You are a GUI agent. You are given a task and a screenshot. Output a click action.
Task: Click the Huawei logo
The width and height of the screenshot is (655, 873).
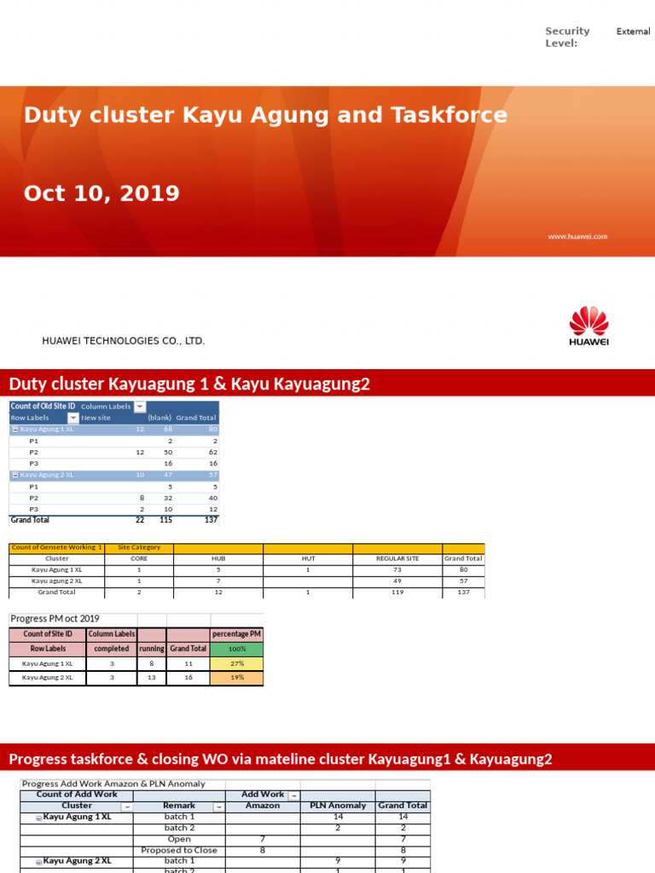click(588, 327)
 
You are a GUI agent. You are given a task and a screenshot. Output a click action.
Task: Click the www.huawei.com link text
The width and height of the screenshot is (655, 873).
click(577, 236)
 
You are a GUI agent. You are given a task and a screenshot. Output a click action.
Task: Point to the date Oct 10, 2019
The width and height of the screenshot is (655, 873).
click(101, 194)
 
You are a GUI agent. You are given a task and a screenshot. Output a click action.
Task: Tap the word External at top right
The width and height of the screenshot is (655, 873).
click(633, 32)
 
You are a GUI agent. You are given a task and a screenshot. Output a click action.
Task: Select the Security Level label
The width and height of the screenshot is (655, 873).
click(567, 37)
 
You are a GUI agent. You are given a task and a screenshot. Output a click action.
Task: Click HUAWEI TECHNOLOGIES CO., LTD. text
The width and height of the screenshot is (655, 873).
click(124, 341)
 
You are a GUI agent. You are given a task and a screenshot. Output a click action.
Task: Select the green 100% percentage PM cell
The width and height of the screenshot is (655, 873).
click(236, 649)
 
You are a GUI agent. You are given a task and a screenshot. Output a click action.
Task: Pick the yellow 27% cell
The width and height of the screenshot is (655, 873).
click(236, 663)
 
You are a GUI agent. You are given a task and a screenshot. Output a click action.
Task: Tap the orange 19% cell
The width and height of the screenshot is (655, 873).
click(236, 678)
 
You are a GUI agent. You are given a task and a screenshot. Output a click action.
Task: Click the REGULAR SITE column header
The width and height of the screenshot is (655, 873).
click(397, 559)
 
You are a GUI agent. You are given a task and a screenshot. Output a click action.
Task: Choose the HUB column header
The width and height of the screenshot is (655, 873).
click(218, 559)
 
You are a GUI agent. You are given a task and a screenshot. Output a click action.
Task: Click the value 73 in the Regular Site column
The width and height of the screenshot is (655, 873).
click(397, 569)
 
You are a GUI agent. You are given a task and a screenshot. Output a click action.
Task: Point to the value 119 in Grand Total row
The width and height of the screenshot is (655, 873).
click(397, 592)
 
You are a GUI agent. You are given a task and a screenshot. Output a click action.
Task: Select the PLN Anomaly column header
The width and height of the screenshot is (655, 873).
click(338, 806)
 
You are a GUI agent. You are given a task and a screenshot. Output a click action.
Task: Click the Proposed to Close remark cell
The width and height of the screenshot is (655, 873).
click(179, 850)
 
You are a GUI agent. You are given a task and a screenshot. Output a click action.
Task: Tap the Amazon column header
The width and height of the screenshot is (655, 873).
click(262, 806)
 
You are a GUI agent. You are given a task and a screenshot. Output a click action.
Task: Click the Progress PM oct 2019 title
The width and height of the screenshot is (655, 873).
click(55, 619)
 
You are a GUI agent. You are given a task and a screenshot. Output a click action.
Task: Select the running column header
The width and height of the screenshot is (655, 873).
click(151, 649)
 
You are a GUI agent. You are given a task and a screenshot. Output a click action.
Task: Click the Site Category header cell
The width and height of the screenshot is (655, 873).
click(139, 547)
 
